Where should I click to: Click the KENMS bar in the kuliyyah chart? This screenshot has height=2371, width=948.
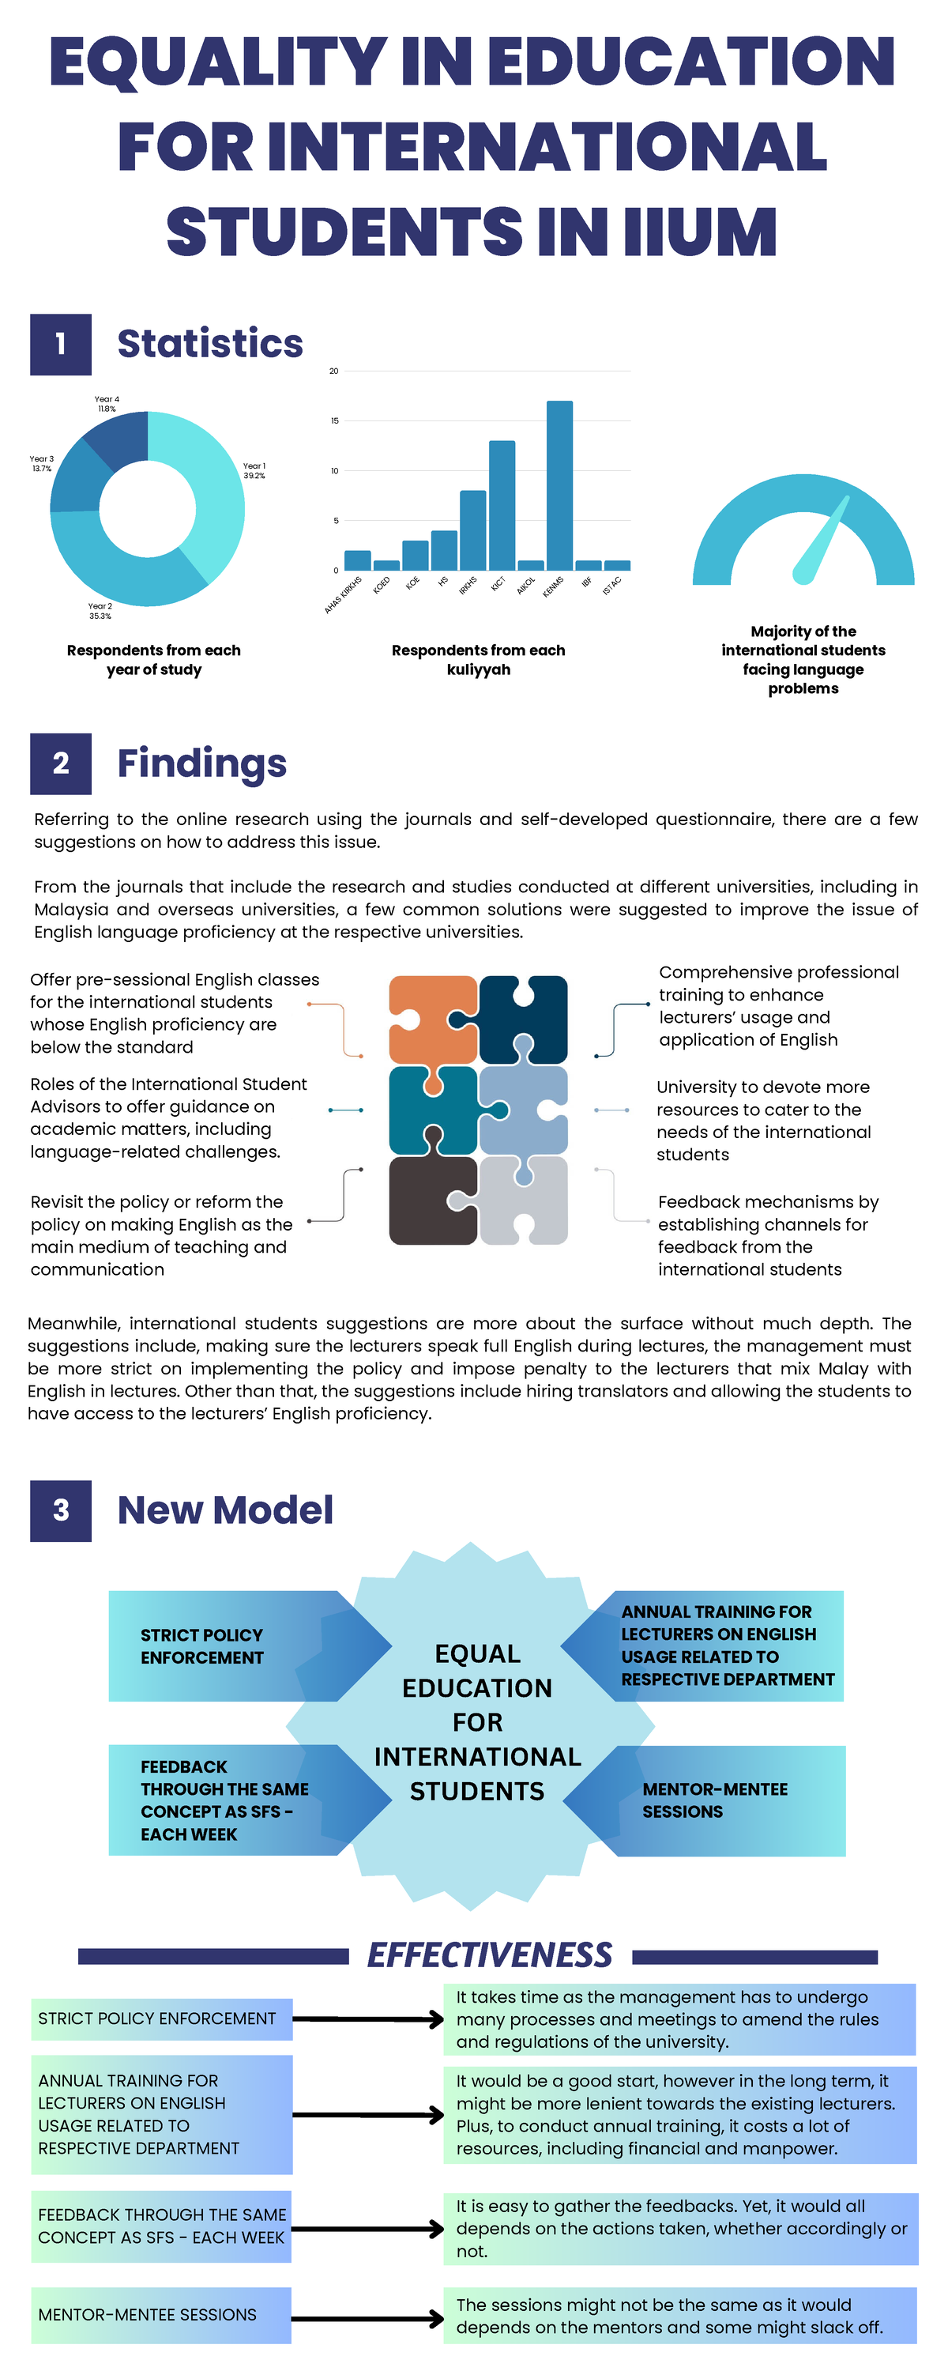click(x=559, y=485)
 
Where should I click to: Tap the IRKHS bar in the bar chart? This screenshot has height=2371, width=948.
click(x=473, y=530)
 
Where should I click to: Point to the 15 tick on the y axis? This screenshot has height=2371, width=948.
click(x=335, y=420)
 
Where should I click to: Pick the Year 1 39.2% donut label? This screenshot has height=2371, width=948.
click(x=254, y=470)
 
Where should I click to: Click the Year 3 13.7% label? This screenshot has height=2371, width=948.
click(x=41, y=463)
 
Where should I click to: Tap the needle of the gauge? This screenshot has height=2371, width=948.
click(x=821, y=539)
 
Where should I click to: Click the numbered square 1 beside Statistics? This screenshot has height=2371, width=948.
click(x=61, y=345)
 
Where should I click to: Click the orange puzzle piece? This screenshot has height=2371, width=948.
click(x=431, y=1019)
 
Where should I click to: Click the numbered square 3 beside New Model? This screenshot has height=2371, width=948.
click(x=61, y=1510)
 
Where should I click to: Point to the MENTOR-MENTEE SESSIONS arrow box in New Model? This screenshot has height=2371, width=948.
click(x=709, y=1800)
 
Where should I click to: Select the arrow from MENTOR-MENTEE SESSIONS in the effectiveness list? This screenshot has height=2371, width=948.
click(x=368, y=2316)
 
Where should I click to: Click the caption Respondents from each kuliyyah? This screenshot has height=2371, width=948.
click(x=479, y=659)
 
